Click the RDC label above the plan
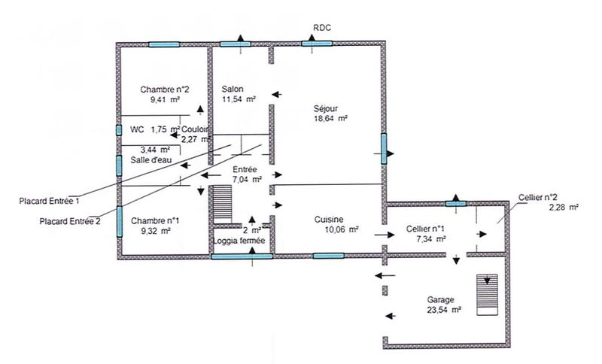(x=322, y=28)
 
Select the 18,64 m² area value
(x=330, y=118)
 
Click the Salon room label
(x=233, y=88)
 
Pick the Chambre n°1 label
(x=154, y=221)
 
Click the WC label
(x=137, y=129)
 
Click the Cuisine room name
(x=330, y=220)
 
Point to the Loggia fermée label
(x=239, y=241)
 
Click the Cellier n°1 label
(x=426, y=228)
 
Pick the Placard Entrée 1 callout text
(x=51, y=201)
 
